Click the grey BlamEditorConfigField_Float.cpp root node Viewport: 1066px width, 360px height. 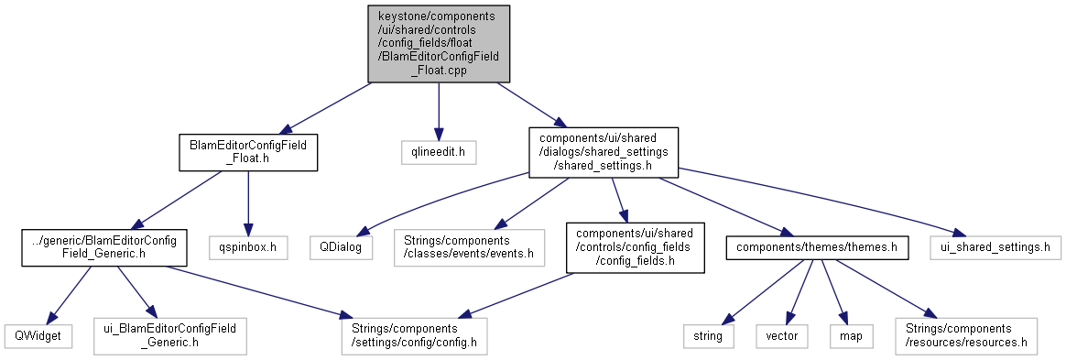[439, 44]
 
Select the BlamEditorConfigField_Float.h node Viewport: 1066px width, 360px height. [248, 152]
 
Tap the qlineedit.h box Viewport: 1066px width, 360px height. [439, 152]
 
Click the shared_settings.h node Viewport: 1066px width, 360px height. [604, 152]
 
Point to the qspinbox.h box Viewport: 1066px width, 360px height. [248, 247]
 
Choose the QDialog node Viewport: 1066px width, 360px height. [342, 247]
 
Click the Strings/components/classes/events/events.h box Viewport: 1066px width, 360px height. [470, 247]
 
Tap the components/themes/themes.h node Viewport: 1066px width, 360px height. [817, 247]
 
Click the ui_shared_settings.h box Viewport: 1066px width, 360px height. [995, 247]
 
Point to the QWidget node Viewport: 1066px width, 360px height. [38, 335]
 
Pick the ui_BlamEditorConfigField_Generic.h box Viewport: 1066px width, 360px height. [170, 335]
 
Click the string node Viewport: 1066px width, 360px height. [709, 335]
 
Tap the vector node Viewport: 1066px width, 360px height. [782, 335]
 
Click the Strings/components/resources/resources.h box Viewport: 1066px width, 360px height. [966, 335]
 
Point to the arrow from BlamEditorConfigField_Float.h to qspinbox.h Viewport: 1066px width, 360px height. [248, 203]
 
